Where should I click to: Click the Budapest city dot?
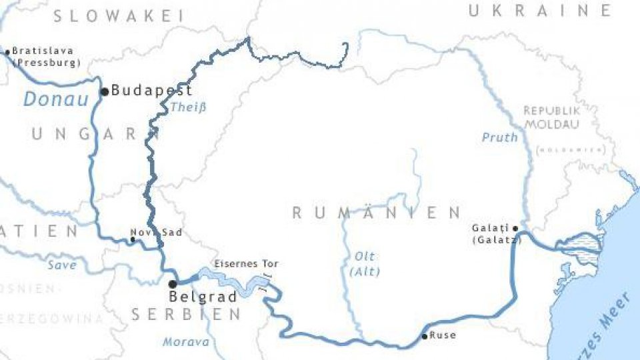tap(104, 91)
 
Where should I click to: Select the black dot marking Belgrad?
tap(172, 284)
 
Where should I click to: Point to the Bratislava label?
tap(43, 51)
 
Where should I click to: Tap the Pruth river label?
tap(499, 137)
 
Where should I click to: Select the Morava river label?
tap(186, 342)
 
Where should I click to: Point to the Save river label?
tap(62, 265)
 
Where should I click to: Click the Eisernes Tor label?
tap(246, 264)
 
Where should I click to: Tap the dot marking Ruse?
tap(425, 336)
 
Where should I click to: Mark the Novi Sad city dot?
tap(133, 239)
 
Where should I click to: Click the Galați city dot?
tap(515, 228)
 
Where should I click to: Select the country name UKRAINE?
tap(539, 10)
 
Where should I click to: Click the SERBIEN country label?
tap(186, 315)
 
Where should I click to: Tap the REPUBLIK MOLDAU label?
tap(552, 117)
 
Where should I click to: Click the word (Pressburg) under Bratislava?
tap(46, 63)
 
